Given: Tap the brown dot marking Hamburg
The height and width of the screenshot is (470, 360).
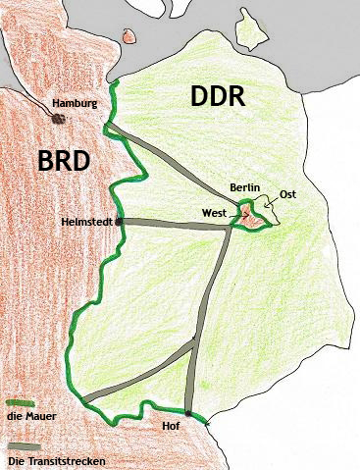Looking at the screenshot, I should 58,117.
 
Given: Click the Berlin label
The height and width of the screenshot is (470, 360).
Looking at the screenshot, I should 244,186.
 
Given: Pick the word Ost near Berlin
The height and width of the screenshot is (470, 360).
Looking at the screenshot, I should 287,194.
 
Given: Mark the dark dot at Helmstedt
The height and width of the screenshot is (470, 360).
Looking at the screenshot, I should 120,221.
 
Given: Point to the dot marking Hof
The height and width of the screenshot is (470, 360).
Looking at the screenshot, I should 187,413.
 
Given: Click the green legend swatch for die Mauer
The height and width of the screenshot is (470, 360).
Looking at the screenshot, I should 18,402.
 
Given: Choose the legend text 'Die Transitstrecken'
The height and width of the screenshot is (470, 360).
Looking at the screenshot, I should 54,459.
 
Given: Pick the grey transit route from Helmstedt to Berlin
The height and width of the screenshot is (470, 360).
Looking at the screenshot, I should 177,224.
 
